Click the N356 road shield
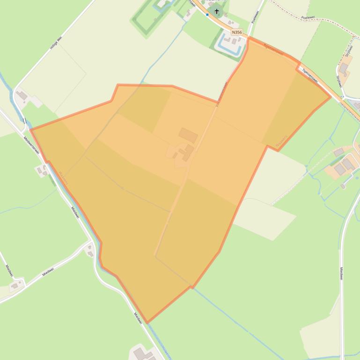[x=237, y=32]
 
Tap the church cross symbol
[x=217, y=10]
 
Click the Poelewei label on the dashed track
[x=309, y=17]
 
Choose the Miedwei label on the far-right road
[x=341, y=274]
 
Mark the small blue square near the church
[x=207, y=14]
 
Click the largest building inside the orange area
[x=188, y=136]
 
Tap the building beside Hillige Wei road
[x=22, y=96]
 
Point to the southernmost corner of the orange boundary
[x=147, y=323]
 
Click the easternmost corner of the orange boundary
[x=331, y=97]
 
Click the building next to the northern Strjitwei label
[x=344, y=69]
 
